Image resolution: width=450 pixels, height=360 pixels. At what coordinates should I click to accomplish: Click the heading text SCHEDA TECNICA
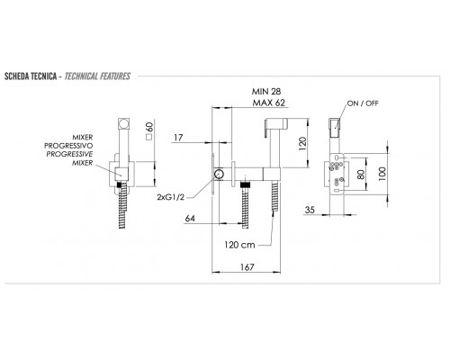[x=31, y=76]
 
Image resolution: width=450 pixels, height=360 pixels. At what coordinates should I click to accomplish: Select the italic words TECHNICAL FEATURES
[x=97, y=76]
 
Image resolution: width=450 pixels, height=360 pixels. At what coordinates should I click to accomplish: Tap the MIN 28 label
[x=266, y=91]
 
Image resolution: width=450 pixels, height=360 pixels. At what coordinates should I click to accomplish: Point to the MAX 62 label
[x=269, y=103]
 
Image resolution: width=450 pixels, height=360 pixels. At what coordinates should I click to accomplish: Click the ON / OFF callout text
[x=363, y=103]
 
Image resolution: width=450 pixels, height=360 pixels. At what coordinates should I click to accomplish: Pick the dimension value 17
[x=178, y=138]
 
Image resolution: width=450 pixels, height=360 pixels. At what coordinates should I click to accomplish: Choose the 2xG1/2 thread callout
[x=170, y=197]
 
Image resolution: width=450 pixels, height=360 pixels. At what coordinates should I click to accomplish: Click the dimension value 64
[x=190, y=218]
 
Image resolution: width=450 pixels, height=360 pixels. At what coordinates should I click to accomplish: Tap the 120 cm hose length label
[x=239, y=245]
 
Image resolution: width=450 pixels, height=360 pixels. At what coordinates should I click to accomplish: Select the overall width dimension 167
[x=247, y=266]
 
